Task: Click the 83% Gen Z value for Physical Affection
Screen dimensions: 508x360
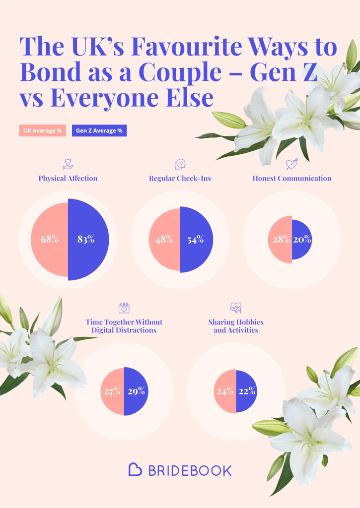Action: [x=86, y=239]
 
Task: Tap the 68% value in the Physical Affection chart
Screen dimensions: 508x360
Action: [x=50, y=239]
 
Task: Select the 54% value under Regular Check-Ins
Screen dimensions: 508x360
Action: [x=196, y=240]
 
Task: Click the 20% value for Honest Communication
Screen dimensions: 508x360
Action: [x=302, y=240]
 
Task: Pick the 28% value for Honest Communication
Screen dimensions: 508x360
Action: [x=282, y=240]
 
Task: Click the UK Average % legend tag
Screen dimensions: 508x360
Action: [x=43, y=131]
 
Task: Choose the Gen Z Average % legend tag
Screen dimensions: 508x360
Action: [x=99, y=131]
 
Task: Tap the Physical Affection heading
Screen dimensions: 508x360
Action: [x=68, y=179]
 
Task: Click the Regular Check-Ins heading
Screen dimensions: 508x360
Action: [x=180, y=179]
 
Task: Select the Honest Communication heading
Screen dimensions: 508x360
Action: [x=291, y=179]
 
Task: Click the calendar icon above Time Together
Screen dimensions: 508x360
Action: [x=124, y=308]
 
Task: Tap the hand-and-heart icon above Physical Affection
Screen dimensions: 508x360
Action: [x=68, y=163]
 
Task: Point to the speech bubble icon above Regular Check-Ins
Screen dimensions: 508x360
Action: [x=180, y=164]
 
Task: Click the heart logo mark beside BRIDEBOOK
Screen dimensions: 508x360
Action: [x=136, y=469]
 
